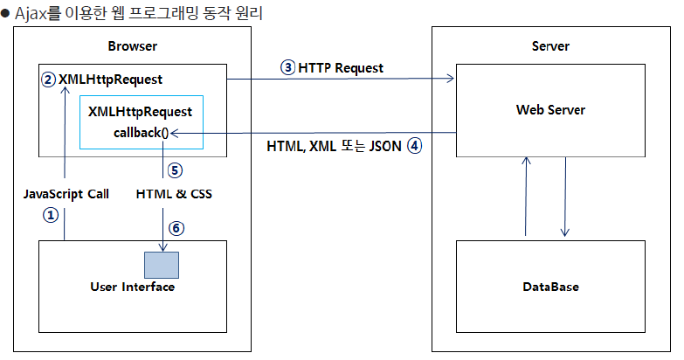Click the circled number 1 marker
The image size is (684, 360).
51,214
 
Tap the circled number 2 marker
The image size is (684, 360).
48,80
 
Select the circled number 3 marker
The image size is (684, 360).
287,67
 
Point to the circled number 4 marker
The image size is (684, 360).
413,147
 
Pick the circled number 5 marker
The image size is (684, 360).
174,170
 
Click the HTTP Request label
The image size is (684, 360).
341,67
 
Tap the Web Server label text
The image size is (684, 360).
550,110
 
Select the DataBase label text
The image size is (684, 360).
550,287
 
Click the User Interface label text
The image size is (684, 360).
133,287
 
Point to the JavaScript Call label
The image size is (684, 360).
66,194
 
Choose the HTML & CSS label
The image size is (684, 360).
174,194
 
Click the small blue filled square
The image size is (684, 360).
162,265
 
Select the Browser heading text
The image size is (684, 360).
134,46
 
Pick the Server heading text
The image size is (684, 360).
550,46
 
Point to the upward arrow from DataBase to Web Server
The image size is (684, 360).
526,197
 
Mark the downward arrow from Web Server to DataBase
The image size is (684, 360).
565,197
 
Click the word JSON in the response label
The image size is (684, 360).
383,147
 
